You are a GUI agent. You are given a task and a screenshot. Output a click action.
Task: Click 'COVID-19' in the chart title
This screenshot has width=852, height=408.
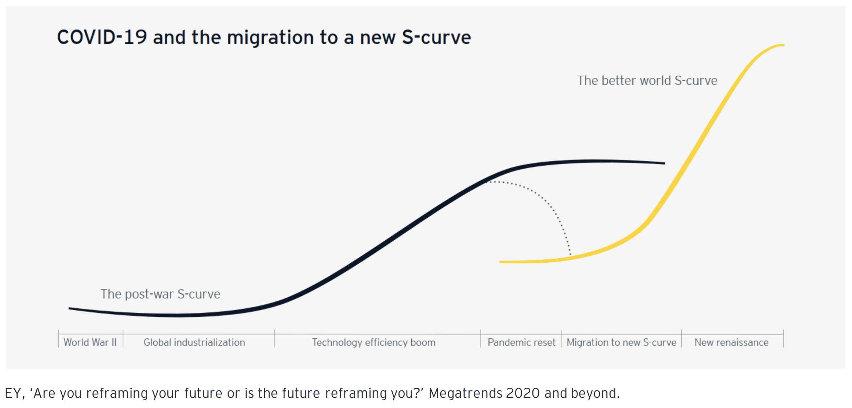[102, 37]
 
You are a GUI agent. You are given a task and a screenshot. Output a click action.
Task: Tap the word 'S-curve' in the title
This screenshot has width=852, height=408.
[436, 37]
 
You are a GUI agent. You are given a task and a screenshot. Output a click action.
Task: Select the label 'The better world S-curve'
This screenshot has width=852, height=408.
[647, 80]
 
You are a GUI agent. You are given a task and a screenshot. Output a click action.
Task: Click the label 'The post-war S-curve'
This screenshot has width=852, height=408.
[160, 294]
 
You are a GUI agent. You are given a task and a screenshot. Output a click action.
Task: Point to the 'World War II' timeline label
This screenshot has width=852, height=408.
[90, 342]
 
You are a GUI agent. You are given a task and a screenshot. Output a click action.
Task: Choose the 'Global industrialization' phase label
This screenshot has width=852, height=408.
[194, 342]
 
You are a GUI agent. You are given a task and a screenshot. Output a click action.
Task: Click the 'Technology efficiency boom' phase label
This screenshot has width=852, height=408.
[374, 342]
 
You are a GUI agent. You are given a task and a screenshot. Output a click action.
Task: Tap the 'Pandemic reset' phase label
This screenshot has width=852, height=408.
[521, 342]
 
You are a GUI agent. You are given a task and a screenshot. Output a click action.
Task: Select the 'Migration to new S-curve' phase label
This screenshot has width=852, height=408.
[621, 342]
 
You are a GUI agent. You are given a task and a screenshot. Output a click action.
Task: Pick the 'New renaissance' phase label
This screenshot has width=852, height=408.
[731, 342]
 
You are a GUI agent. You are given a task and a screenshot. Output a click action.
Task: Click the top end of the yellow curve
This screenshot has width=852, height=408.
[784, 45]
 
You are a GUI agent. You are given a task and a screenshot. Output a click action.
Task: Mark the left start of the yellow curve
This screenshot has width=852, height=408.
[500, 262]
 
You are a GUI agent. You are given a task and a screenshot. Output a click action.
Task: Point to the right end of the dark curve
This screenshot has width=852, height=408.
[664, 163]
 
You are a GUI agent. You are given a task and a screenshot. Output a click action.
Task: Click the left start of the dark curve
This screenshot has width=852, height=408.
[70, 309]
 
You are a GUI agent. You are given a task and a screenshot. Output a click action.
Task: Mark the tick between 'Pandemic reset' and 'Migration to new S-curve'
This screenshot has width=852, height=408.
[561, 338]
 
